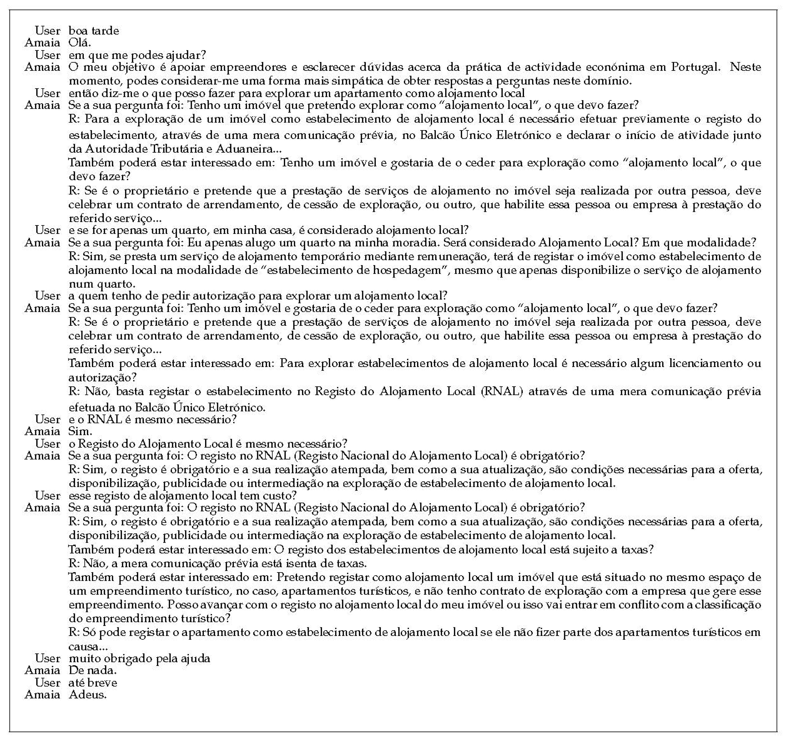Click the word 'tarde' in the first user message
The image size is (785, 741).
[105, 31]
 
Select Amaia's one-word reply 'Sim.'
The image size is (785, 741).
[80, 431]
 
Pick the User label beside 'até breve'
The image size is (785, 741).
[47, 682]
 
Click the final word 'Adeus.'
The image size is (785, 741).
[87, 694]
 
